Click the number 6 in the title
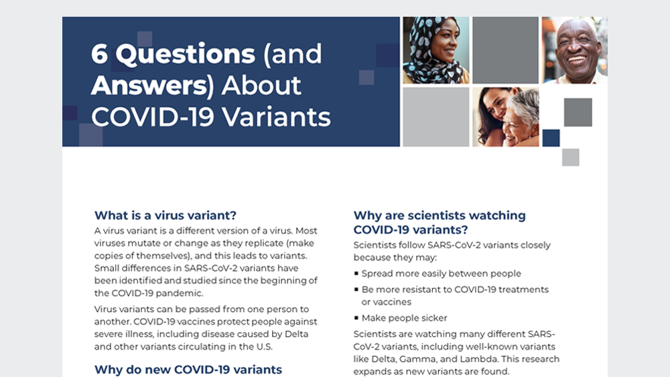pos(99,54)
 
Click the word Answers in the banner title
pos(149,86)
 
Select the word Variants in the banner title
pos(276,117)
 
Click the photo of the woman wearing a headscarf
pos(436,50)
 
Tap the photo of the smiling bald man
pos(574,50)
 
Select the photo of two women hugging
pos(505,117)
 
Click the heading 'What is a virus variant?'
pos(165,215)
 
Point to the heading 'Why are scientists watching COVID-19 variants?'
pos(440,222)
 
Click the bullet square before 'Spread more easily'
pos(356,273)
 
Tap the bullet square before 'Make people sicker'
pos(356,317)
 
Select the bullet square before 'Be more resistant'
pos(356,289)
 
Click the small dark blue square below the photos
pos(551,138)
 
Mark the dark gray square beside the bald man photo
pos(505,50)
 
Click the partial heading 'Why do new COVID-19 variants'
pos(188,370)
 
